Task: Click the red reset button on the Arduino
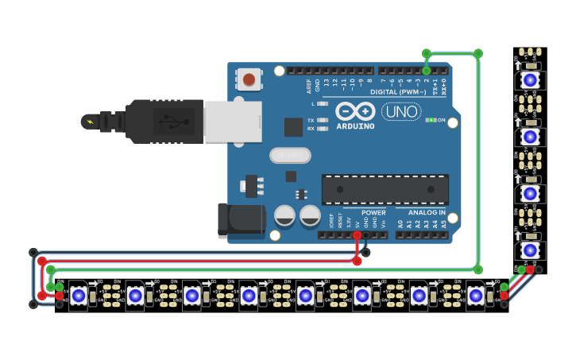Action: tap(249, 79)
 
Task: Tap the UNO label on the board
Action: tap(401, 112)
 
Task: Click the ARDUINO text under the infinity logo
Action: tap(355, 126)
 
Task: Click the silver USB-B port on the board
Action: tap(232, 122)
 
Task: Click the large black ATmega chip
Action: tap(385, 189)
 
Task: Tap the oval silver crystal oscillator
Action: tap(289, 155)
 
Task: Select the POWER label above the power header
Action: tap(373, 213)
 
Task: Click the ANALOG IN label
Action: tap(427, 213)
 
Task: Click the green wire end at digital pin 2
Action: tap(427, 71)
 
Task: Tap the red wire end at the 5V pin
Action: tap(357, 235)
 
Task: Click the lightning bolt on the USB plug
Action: tap(89, 122)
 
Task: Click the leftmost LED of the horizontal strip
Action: tap(78, 296)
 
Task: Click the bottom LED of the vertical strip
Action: tap(530, 250)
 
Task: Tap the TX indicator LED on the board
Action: tap(322, 120)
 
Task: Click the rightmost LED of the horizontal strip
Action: tap(475, 296)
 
